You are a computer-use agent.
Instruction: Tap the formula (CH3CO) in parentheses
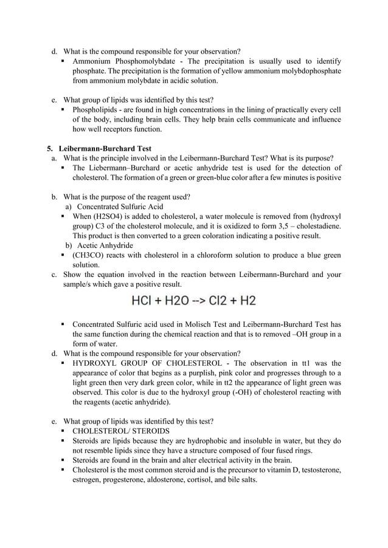[x=91, y=255]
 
